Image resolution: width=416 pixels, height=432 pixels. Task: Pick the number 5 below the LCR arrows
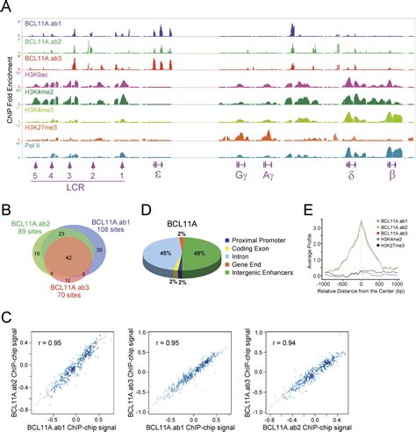34,176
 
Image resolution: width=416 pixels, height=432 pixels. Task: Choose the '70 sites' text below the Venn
61,298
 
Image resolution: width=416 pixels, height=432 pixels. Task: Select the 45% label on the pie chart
162,252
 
